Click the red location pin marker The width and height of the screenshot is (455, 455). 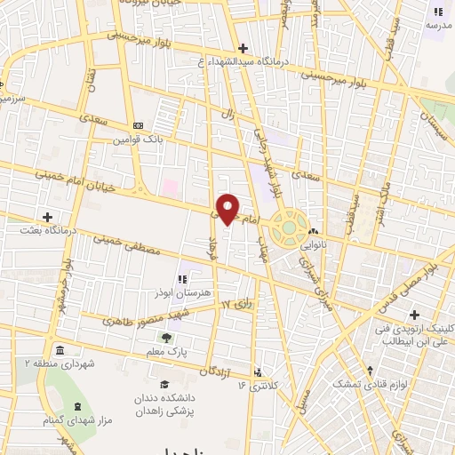pos(228,208)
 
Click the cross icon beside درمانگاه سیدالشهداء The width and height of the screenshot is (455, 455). pos(243,48)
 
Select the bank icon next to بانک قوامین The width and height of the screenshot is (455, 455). pos(137,126)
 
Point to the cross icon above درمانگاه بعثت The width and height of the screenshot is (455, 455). pos(47,216)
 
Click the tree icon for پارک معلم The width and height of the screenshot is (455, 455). pos(165,338)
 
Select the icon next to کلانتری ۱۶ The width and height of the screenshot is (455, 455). pos(258,372)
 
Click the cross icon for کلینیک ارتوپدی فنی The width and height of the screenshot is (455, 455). pos(414,315)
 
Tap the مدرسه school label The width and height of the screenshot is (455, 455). pos(438,25)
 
